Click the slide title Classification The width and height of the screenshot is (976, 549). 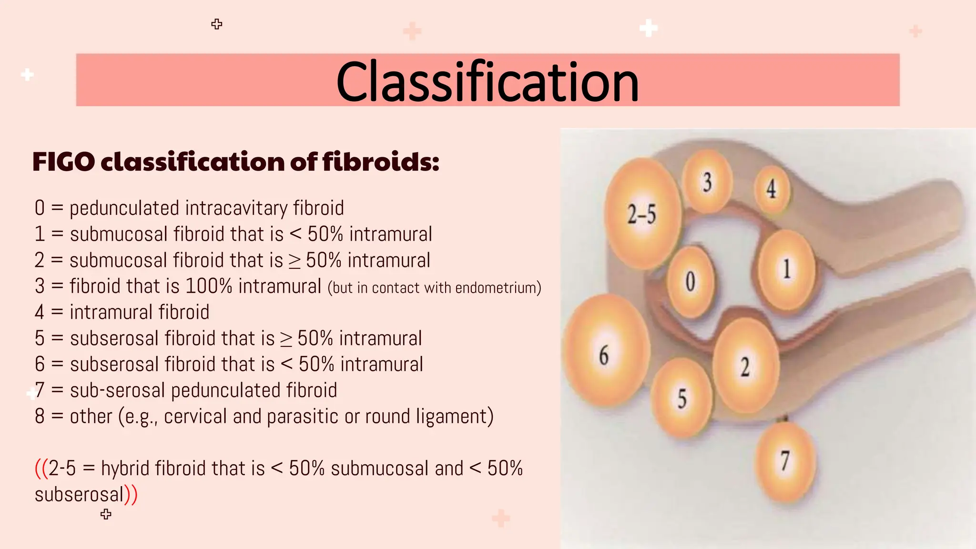[487, 81]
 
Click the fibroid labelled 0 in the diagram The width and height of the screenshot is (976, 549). [691, 282]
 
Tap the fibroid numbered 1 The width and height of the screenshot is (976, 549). [786, 270]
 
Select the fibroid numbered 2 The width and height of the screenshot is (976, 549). [746, 366]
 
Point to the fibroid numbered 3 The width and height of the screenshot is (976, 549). [707, 182]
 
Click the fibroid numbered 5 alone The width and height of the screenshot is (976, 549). [682, 398]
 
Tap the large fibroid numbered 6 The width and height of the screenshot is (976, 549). [605, 353]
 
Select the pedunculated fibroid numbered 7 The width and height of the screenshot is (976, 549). [785, 462]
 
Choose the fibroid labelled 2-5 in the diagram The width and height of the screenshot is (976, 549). [642, 214]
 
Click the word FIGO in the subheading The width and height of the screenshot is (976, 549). [63, 162]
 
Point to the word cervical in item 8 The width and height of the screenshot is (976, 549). [195, 417]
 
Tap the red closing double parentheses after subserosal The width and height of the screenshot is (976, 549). [131, 494]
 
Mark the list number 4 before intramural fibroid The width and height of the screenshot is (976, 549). [40, 313]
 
